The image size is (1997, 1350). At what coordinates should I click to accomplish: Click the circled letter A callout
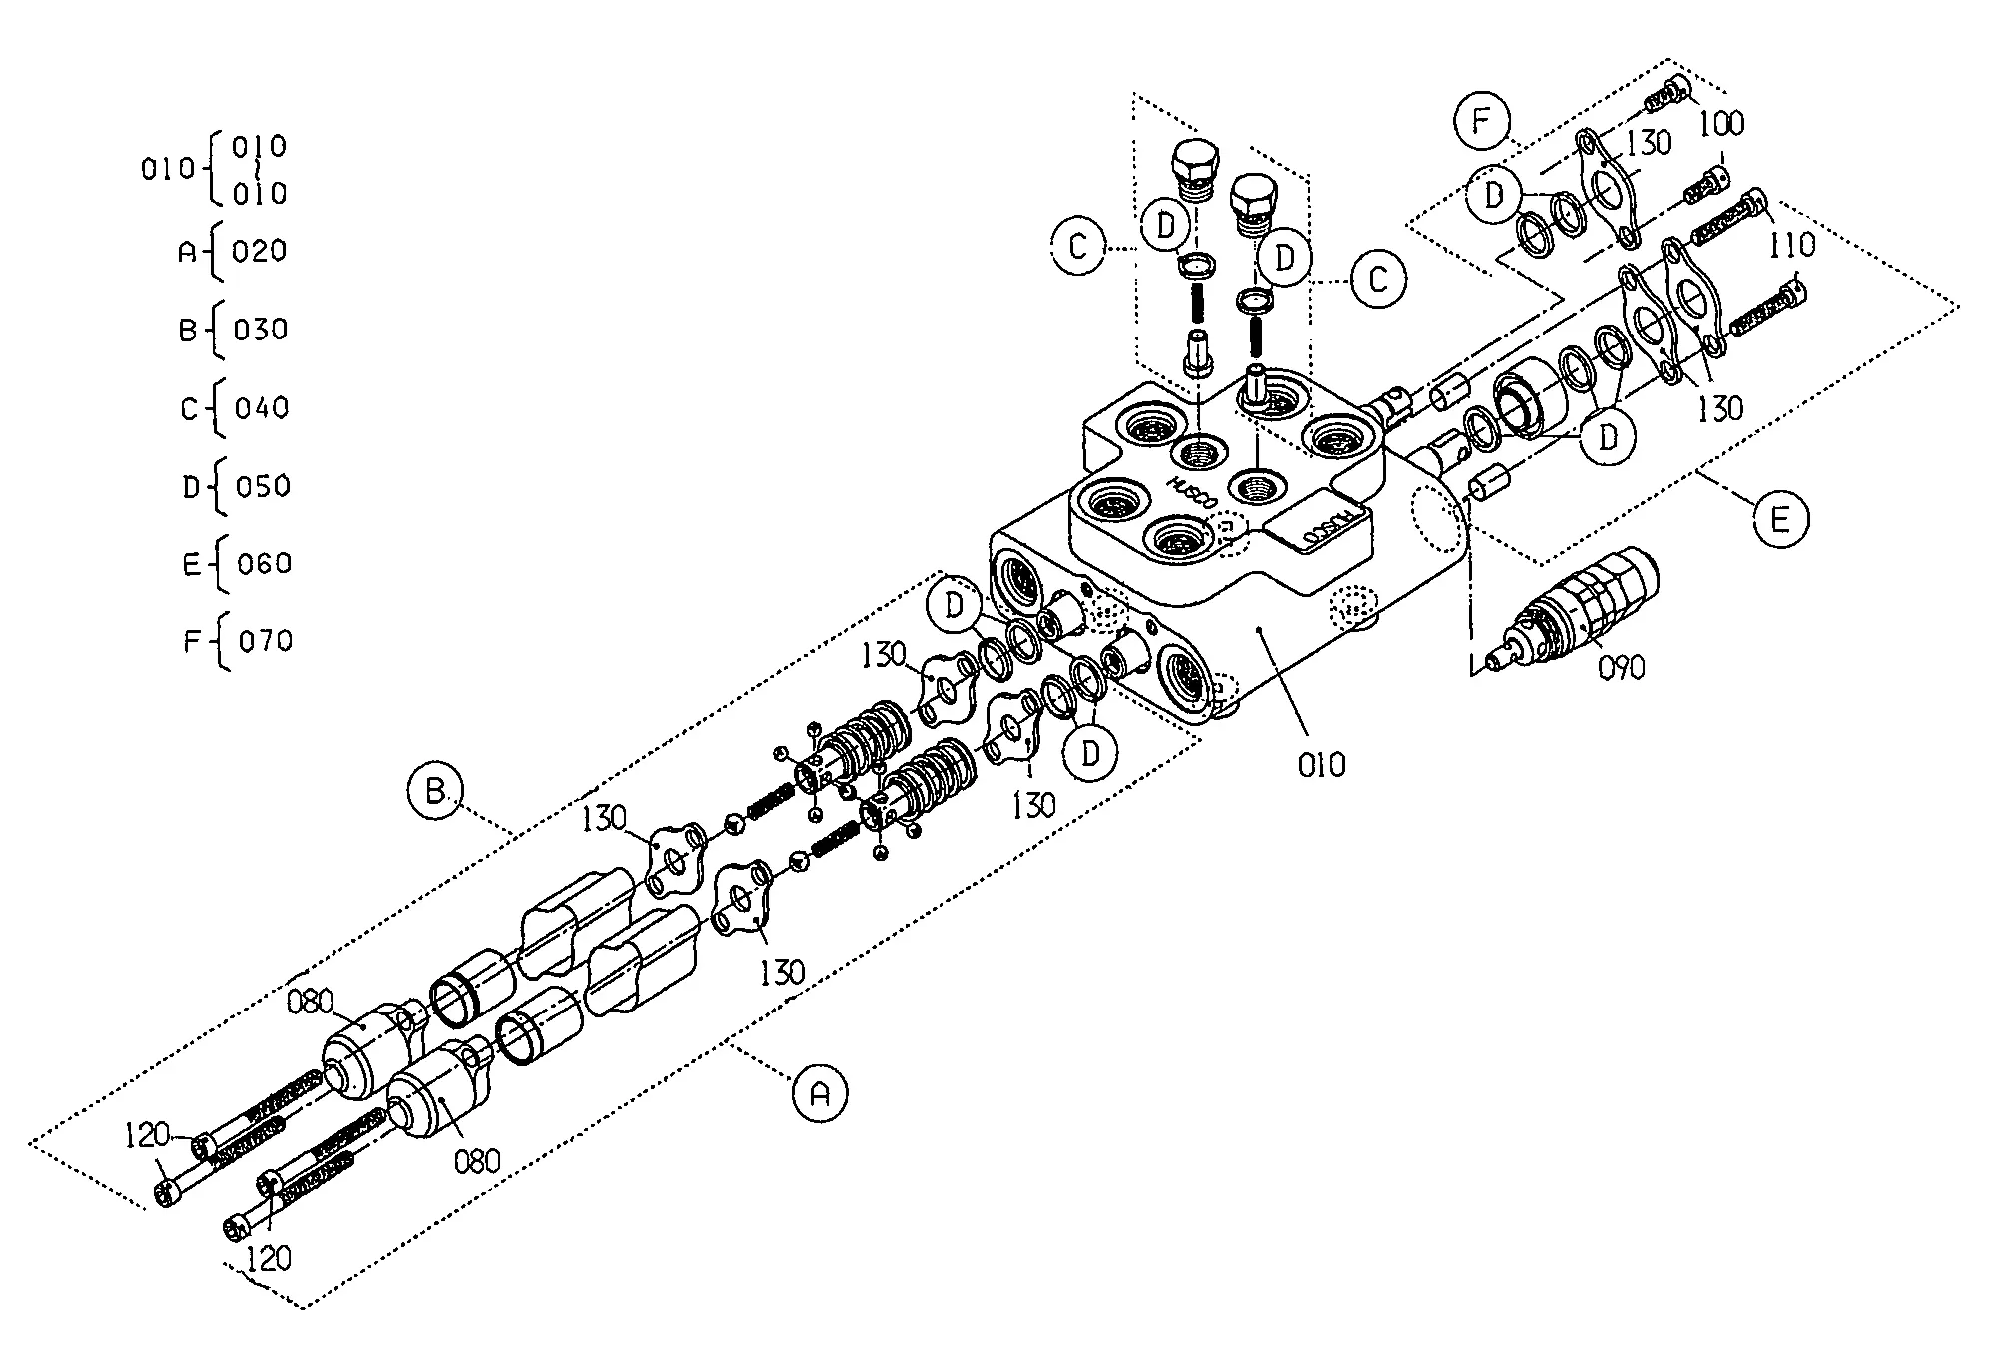(x=819, y=1094)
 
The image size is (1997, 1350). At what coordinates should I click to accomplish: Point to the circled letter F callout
(x=1481, y=122)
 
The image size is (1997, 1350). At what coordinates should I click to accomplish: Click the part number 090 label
(x=1621, y=667)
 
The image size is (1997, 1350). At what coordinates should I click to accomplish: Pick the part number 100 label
(x=1721, y=124)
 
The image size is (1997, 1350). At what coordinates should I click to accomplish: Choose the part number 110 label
(x=1791, y=244)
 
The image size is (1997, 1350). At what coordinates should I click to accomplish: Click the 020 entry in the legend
(x=260, y=250)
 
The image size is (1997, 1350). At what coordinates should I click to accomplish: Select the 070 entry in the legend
(x=266, y=640)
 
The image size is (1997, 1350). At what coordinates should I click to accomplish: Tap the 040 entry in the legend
(x=262, y=407)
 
